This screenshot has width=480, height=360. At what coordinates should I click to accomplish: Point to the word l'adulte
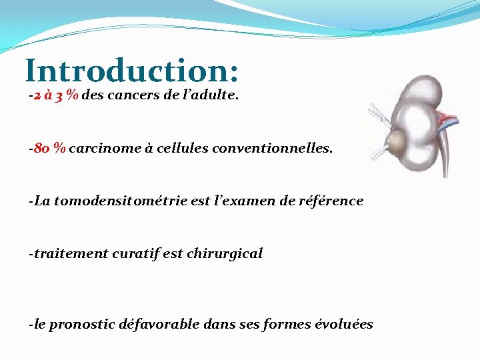pyautogui.click(x=212, y=95)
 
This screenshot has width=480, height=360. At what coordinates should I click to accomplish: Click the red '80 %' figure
pyautogui.click(x=50, y=148)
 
